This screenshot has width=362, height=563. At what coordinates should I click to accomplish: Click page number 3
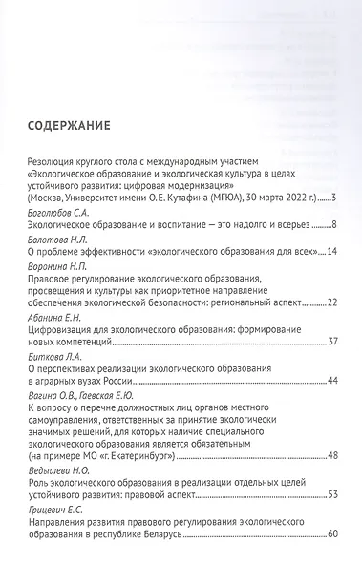tap(332, 225)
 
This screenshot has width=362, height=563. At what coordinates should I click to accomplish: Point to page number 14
tap(330, 278)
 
